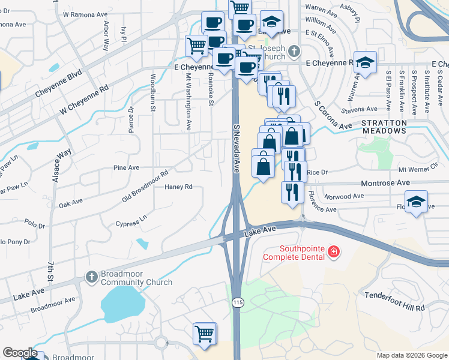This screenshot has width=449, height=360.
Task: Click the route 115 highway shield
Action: pyautogui.click(x=238, y=304)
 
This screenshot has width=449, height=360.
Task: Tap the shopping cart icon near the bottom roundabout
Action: pyautogui.click(x=205, y=334)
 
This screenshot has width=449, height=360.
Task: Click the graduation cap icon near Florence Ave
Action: pyautogui.click(x=416, y=202)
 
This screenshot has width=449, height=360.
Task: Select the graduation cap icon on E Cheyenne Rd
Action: pyautogui.click(x=364, y=62)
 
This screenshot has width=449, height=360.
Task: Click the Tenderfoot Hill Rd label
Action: pyautogui.click(x=394, y=301)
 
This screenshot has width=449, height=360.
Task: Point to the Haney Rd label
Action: pyautogui.click(x=178, y=187)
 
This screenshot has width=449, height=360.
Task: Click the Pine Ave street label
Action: pyautogui.click(x=125, y=168)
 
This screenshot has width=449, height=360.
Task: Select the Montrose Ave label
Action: pyautogui.click(x=385, y=182)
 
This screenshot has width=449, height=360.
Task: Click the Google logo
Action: pyautogui.click(x=19, y=353)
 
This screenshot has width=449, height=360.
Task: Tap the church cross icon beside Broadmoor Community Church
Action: pyautogui.click(x=91, y=277)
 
